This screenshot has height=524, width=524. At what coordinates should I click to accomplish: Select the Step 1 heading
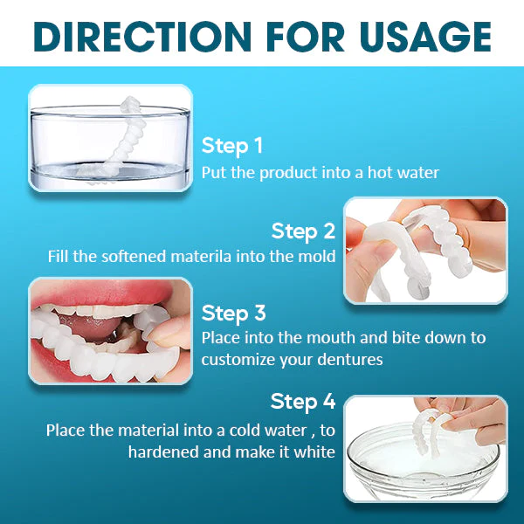pos(231,145)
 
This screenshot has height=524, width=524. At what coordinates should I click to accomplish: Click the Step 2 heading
pos(303,231)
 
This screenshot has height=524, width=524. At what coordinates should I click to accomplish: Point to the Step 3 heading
pos(233,313)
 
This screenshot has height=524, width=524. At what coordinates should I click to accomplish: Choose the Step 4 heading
pos(303,402)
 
